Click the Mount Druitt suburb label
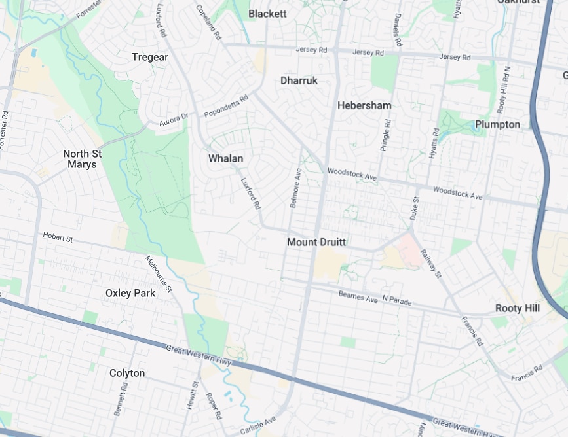point(316,242)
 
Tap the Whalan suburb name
point(225,158)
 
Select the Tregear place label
point(150,57)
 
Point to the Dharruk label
point(299,80)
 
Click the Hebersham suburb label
point(364,105)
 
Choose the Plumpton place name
point(497,124)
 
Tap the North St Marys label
point(83,159)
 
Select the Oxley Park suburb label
point(130,293)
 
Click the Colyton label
point(127,373)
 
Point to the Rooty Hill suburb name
point(517,308)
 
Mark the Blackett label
point(267,14)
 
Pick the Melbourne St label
point(159,273)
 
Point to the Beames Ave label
point(358,296)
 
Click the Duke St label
point(414,208)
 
